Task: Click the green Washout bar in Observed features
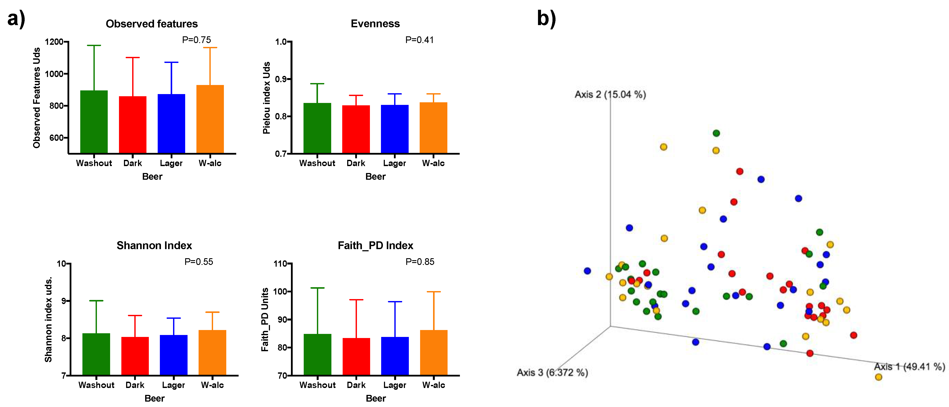coord(94,122)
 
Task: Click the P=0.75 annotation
coord(196,40)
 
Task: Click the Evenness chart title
coord(375,24)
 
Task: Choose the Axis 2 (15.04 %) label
coord(610,95)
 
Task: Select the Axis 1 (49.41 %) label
coord(909,367)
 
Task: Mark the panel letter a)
coord(16,18)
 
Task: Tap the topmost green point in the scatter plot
coord(716,133)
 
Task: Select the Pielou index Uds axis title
coord(266,98)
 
